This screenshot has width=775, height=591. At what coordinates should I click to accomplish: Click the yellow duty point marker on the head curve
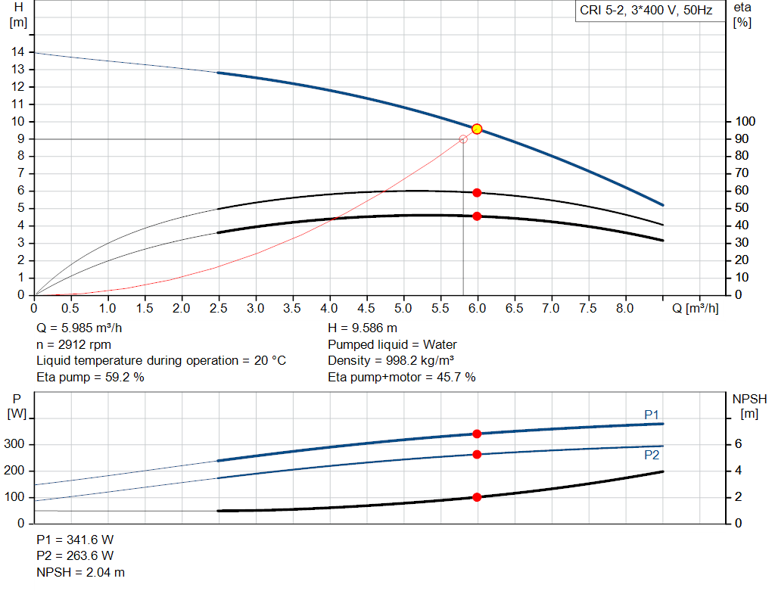click(477, 129)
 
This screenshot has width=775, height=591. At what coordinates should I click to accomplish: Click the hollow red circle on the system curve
click(463, 139)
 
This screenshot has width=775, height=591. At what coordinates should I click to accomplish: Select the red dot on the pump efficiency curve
click(477, 192)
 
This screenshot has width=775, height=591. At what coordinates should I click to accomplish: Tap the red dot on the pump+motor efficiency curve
click(477, 216)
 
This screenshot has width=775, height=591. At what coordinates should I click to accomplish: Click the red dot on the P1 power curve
click(477, 434)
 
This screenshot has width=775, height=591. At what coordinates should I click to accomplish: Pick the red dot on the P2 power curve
click(477, 454)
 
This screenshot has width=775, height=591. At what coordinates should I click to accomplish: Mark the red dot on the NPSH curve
click(477, 497)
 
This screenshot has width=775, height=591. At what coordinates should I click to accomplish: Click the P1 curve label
click(652, 414)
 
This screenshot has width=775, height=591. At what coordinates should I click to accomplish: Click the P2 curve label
click(652, 456)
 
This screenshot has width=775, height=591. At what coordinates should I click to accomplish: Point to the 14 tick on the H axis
click(17, 51)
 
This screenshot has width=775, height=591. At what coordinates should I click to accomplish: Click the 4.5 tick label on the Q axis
click(366, 309)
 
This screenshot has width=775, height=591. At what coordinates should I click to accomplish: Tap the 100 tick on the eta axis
click(746, 121)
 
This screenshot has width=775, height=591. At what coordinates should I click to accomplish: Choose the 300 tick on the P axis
click(17, 444)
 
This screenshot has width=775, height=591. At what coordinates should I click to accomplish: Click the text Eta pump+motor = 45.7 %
click(401, 377)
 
